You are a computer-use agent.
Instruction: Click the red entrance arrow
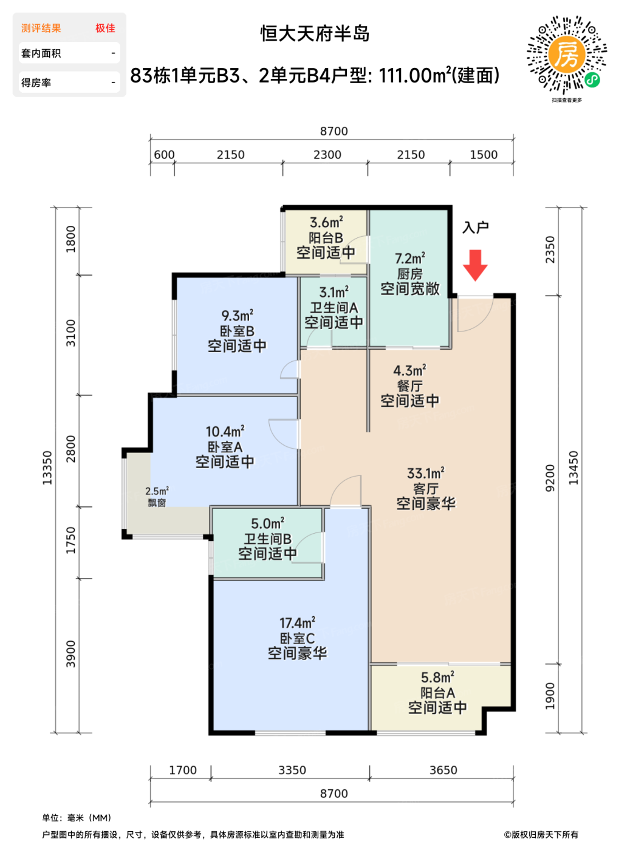[474, 265]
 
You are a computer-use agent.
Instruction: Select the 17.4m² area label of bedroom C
[297, 623]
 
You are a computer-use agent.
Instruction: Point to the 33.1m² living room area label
[426, 474]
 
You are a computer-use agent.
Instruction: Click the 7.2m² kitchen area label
[410, 258]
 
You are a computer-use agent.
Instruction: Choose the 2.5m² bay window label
[157, 491]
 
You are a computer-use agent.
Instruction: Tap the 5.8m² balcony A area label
[437, 677]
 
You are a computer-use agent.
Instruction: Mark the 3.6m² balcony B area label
[326, 222]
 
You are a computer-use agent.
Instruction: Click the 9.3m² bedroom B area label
[237, 316]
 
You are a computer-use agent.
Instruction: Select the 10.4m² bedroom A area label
[225, 432]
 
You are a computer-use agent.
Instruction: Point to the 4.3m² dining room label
[409, 370]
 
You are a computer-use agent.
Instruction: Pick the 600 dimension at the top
[164, 155]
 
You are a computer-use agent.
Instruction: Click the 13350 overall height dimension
[47, 468]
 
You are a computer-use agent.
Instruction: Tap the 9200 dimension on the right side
[550, 478]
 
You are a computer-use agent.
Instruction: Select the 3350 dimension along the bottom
[292, 770]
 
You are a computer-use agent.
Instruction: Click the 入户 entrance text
[476, 227]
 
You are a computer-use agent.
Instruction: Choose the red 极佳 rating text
[105, 28]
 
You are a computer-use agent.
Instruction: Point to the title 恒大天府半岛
[315, 33]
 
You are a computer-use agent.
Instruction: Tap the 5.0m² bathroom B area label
[268, 523]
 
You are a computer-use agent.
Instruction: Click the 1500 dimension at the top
[484, 155]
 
